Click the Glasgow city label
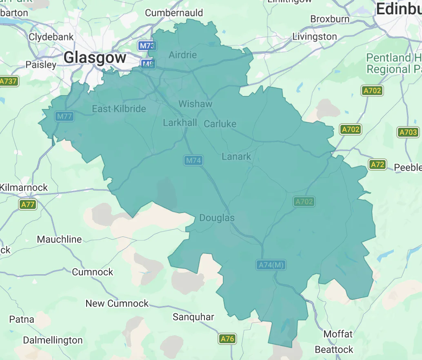click(x=95, y=58)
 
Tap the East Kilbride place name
click(x=119, y=109)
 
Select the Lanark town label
click(x=236, y=157)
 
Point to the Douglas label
click(x=217, y=218)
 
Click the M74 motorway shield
click(x=193, y=160)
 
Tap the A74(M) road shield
click(x=271, y=265)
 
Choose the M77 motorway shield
click(x=64, y=116)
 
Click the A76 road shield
click(x=227, y=338)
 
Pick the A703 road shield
click(x=408, y=132)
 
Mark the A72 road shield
click(x=378, y=164)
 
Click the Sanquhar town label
click(x=193, y=317)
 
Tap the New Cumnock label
click(x=117, y=304)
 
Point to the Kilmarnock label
click(x=24, y=188)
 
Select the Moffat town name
click(x=338, y=334)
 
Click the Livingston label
click(x=315, y=37)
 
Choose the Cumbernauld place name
click(x=174, y=13)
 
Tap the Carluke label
click(x=220, y=124)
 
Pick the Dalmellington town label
click(x=53, y=340)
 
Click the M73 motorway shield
click(x=146, y=46)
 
